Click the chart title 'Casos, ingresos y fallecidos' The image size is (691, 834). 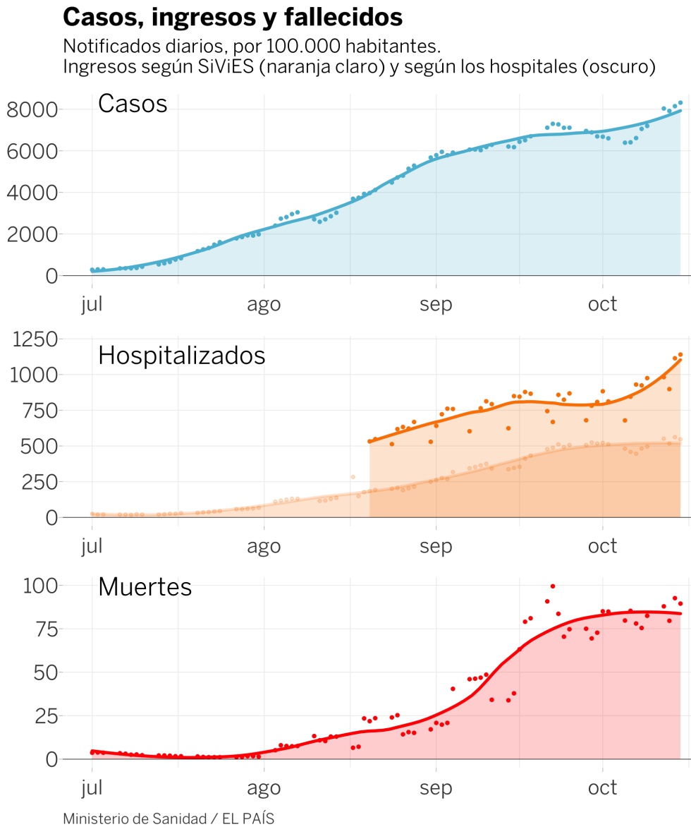click(x=233, y=17)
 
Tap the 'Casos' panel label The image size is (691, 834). click(x=133, y=104)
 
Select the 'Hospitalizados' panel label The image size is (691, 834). click(x=181, y=355)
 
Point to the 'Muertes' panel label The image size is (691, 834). click(x=145, y=586)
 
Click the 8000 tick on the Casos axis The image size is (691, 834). click(x=32, y=109)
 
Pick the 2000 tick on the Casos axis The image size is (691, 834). click(x=32, y=234)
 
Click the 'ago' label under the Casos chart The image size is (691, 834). click(x=264, y=304)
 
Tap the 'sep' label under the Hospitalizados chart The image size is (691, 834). click(x=436, y=546)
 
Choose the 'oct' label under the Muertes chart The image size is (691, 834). click(x=603, y=787)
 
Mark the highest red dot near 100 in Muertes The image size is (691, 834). click(x=553, y=586)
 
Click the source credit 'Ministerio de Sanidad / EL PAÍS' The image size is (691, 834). click(x=169, y=818)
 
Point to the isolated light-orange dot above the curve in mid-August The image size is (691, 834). click(x=353, y=477)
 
